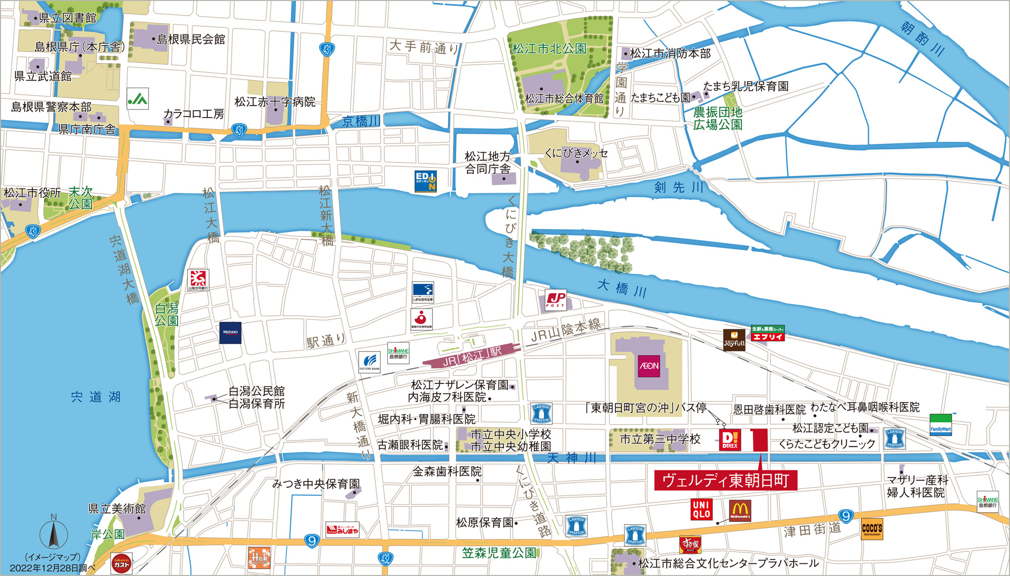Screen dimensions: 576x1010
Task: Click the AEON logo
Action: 649,366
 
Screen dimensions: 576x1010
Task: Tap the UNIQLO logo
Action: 701,509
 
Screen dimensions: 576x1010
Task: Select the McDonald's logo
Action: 740,510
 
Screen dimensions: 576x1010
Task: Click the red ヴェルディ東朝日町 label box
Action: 725,480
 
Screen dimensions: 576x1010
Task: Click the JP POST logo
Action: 555,300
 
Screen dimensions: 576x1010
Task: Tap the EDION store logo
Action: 425,182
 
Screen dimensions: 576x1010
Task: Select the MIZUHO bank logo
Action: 230,333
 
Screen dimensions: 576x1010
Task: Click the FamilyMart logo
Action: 940,425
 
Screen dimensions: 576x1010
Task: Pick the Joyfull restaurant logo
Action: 734,340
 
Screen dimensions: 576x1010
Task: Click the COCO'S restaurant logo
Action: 872,529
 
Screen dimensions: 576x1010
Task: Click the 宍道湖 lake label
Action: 95,397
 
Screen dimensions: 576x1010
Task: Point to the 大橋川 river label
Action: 622,288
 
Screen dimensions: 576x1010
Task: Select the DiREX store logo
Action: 730,439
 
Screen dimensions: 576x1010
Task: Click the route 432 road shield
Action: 385,558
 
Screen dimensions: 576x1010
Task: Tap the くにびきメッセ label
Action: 576,153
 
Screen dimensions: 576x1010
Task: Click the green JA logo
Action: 137,99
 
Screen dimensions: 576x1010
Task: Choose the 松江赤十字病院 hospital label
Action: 274,102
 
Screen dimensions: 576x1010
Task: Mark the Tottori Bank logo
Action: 369,362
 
